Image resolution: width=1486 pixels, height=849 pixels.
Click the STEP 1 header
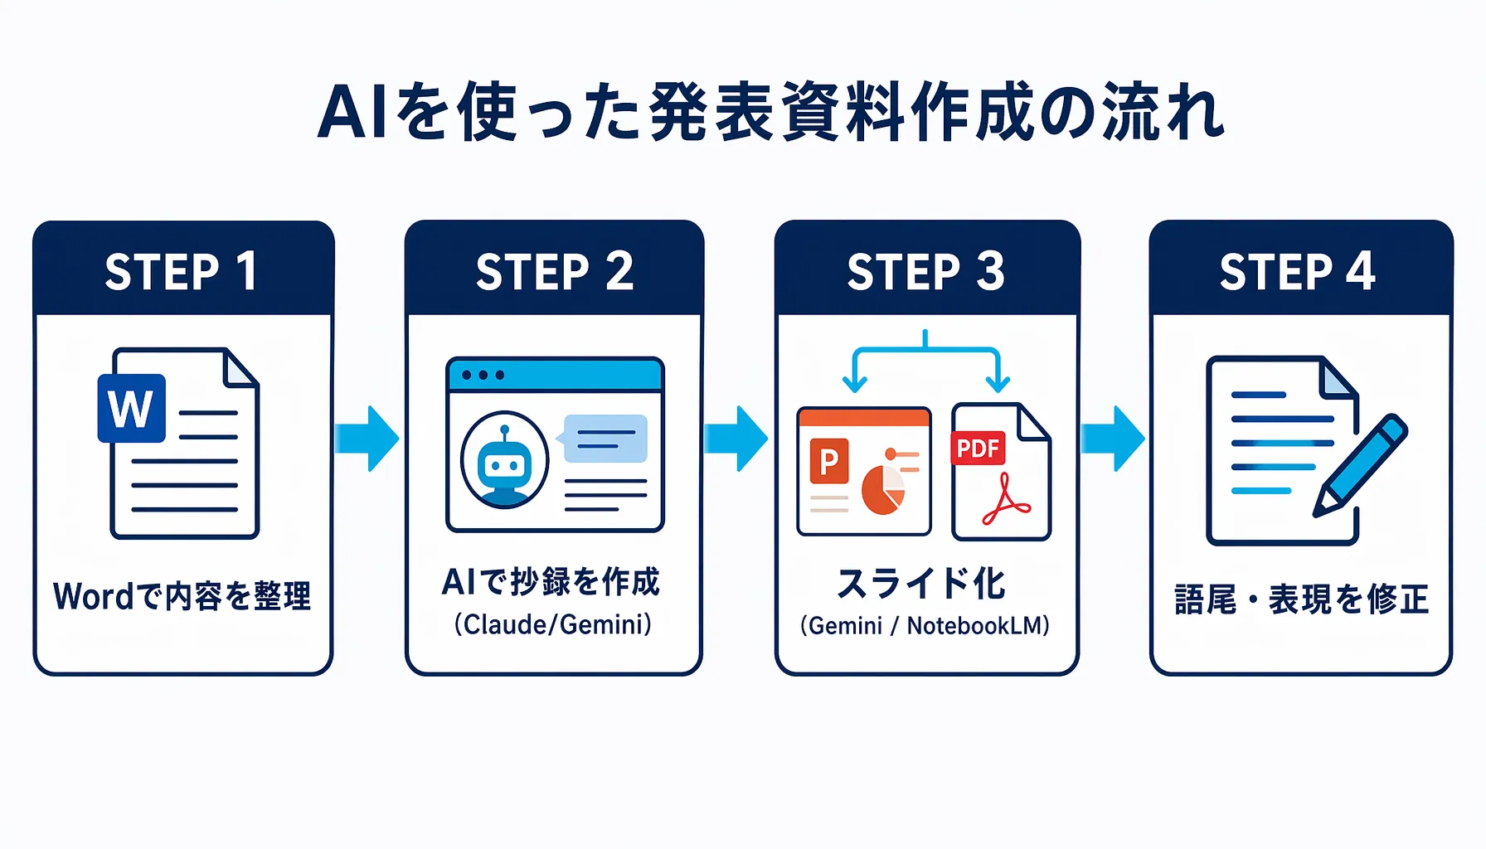tap(182, 271)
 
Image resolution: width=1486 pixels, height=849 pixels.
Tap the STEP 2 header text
tap(554, 271)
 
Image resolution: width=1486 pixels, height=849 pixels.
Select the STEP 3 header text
tap(925, 271)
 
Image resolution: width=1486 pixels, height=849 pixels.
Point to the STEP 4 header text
tap(1298, 271)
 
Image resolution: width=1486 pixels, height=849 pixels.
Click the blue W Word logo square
tap(131, 408)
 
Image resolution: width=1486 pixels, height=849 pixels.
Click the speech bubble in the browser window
tap(604, 439)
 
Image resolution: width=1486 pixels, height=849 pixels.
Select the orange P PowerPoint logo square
tap(828, 461)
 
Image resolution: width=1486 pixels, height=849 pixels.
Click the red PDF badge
tap(978, 449)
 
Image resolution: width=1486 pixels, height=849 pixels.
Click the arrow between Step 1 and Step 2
tap(368, 439)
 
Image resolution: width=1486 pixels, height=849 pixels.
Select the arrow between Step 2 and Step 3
tap(737, 439)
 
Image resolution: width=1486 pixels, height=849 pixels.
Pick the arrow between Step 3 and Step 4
tap(1114, 439)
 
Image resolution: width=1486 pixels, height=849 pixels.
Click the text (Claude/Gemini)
tap(553, 624)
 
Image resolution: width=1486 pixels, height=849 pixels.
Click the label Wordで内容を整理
tap(182, 596)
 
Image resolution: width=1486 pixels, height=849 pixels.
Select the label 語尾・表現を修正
tap(1301, 599)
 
